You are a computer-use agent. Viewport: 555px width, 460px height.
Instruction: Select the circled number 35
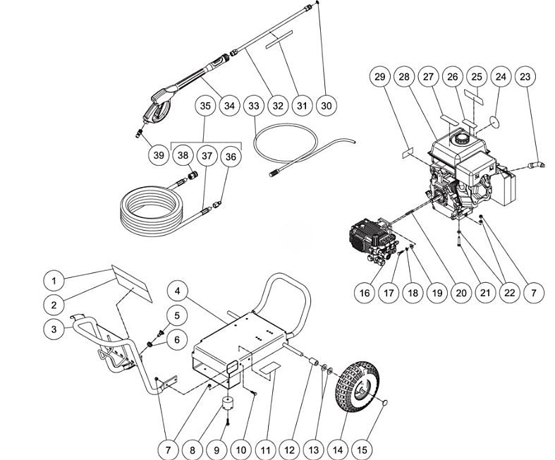(206, 106)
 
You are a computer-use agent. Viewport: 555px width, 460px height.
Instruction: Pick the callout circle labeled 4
(179, 290)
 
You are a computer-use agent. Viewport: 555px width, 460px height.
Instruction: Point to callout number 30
(326, 106)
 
